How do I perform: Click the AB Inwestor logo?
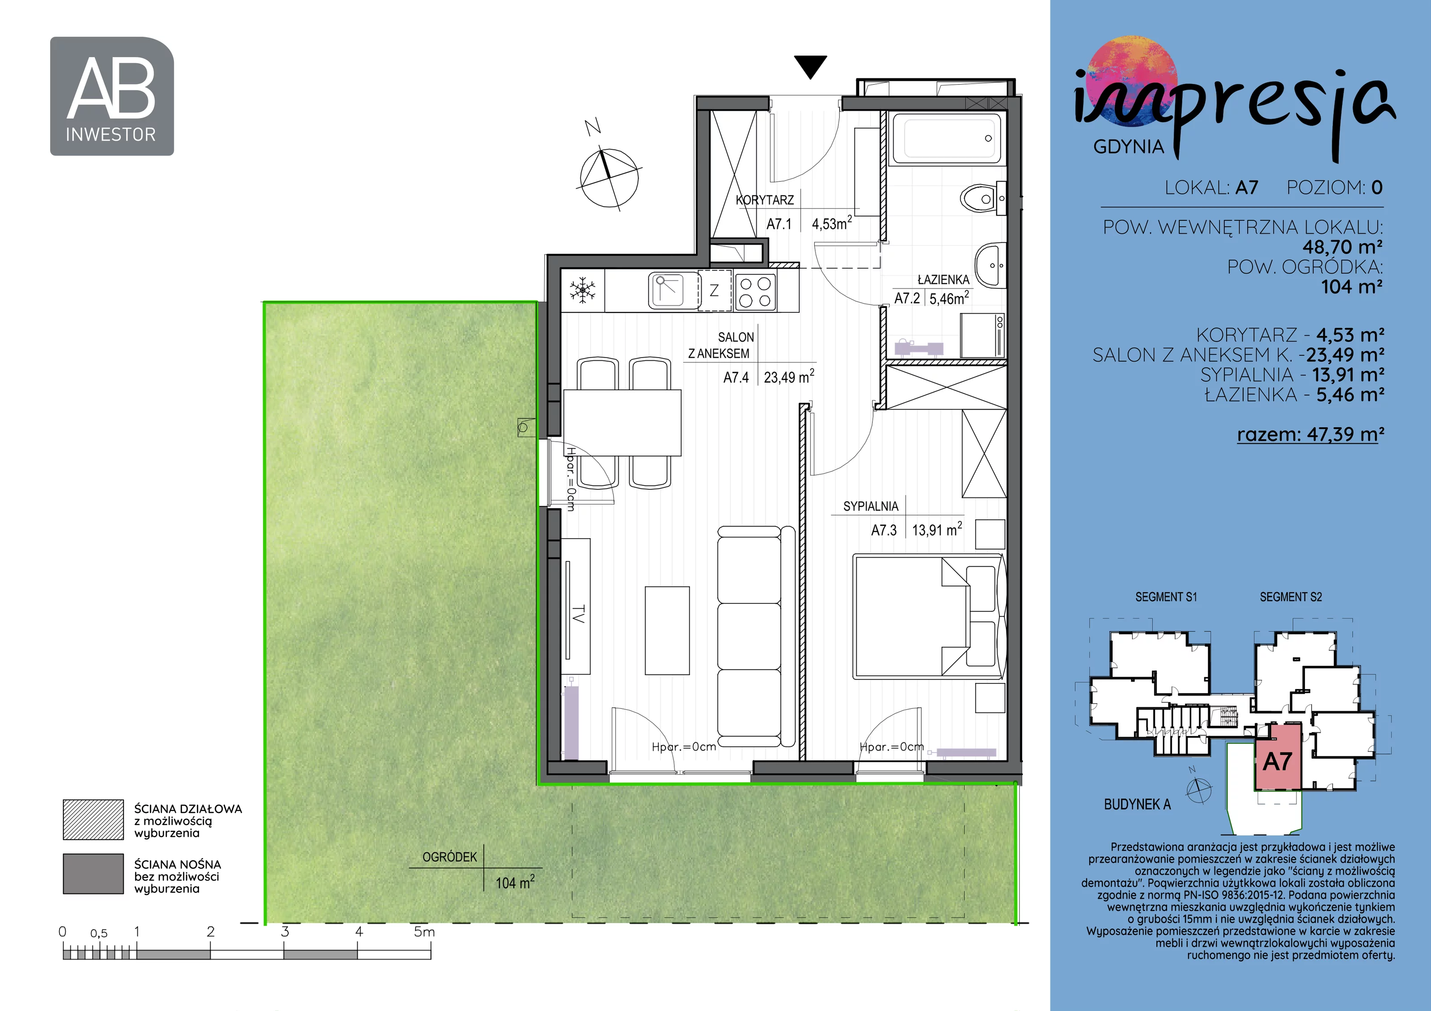click(x=111, y=96)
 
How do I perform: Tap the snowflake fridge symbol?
click(x=583, y=290)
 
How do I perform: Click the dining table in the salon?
click(x=622, y=422)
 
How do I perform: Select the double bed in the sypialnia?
click(x=929, y=617)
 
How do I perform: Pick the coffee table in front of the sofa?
click(x=667, y=630)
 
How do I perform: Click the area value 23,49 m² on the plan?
click(x=788, y=377)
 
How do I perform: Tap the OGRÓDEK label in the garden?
click(x=449, y=857)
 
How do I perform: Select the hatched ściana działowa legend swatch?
click(x=93, y=820)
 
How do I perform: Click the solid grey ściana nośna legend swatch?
click(x=93, y=874)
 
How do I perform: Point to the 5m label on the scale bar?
click(x=424, y=932)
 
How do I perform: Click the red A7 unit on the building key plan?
click(x=1278, y=757)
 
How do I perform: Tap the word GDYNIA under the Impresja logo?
click(x=1129, y=147)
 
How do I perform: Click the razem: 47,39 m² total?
click(x=1311, y=434)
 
